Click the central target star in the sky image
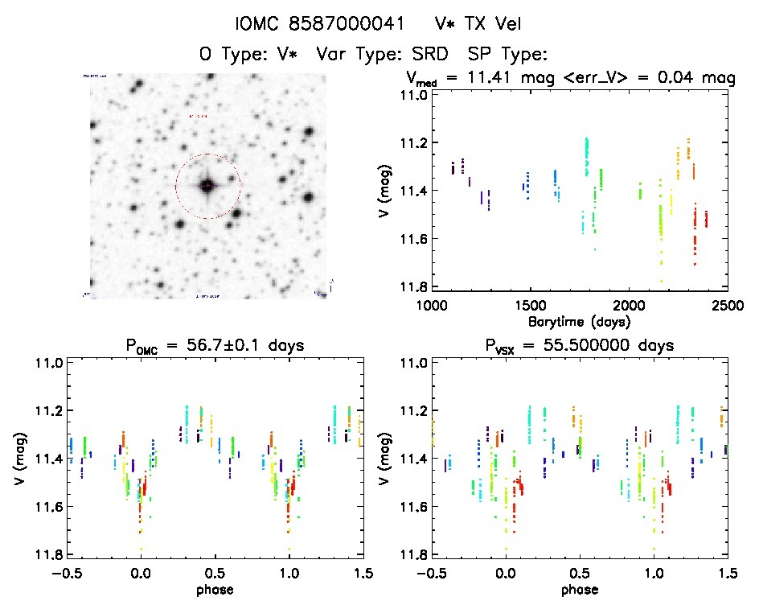click(207, 186)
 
